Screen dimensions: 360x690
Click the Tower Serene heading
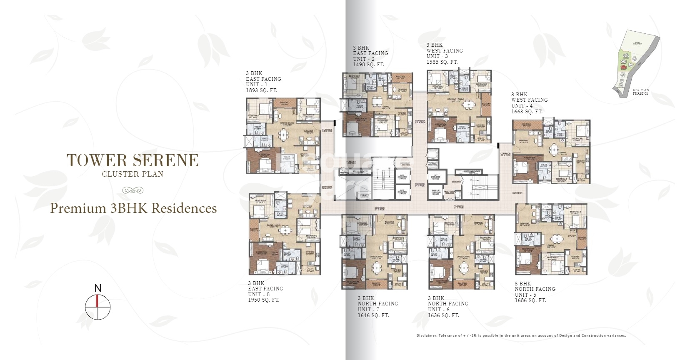pyautogui.click(x=132, y=160)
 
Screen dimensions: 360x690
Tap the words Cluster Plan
pyautogui.click(x=132, y=174)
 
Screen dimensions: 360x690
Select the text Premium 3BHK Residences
pyautogui.click(x=133, y=208)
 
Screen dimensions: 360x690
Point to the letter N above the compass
pyautogui.click(x=98, y=288)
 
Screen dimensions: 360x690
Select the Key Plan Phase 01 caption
pyautogui.click(x=640, y=92)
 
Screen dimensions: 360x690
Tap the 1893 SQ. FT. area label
pyautogui.click(x=261, y=90)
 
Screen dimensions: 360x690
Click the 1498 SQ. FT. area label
pyautogui.click(x=368, y=65)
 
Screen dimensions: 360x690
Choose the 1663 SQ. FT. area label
pyautogui.click(x=527, y=112)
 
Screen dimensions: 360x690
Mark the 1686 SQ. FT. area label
pyautogui.click(x=530, y=300)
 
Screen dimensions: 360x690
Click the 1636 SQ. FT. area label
pyautogui.click(x=443, y=315)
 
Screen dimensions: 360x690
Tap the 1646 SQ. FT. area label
pyautogui.click(x=373, y=315)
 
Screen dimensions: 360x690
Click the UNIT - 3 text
pyautogui.click(x=437, y=56)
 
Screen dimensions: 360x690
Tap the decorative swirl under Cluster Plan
pyautogui.click(x=132, y=190)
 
